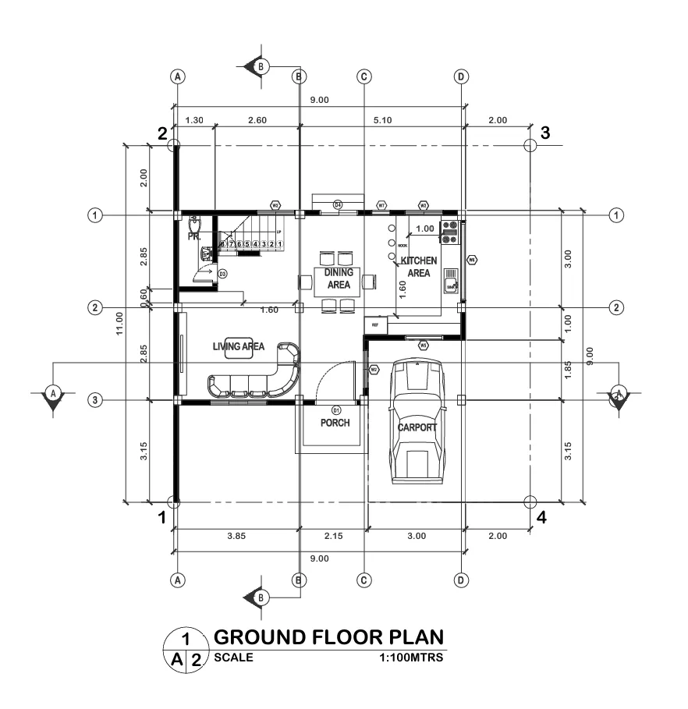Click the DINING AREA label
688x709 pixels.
point(339,279)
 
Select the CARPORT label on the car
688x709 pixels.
point(418,427)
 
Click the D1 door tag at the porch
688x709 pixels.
point(337,409)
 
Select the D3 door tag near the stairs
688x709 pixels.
point(222,274)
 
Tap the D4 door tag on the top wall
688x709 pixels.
point(338,204)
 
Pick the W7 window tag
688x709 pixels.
point(381,205)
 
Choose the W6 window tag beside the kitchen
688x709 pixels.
point(471,260)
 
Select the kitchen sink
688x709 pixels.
point(451,280)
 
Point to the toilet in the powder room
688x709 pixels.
point(193,222)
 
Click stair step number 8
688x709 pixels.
point(222,245)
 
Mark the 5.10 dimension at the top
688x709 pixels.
point(382,120)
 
